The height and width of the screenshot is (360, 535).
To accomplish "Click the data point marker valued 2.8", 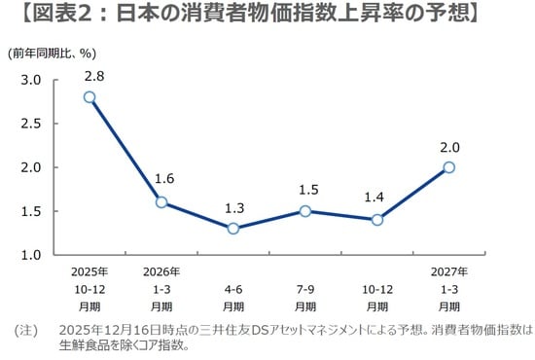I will [x=89, y=97].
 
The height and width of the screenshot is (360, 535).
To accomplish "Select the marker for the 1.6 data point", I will [x=161, y=202].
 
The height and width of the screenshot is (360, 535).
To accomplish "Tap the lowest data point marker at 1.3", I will [x=233, y=229].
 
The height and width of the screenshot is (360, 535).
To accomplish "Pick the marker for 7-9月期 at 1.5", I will [x=305, y=211].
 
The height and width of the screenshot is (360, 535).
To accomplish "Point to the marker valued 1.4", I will [x=377, y=220].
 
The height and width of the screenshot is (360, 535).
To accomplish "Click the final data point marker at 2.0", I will [x=448, y=167].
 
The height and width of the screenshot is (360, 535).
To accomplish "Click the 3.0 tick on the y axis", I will [x=31, y=80].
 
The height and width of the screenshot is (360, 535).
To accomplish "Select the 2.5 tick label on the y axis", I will [x=31, y=124].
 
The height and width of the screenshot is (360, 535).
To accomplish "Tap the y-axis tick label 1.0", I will [x=31, y=255].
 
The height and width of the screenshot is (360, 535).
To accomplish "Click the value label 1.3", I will [x=233, y=206].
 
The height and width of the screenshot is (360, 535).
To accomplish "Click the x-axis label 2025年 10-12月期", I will [x=89, y=289].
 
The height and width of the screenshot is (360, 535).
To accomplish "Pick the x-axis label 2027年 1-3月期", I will [x=448, y=289].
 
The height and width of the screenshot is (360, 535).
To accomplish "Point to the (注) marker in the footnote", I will [x=26, y=331].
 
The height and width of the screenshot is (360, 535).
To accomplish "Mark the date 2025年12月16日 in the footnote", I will [x=101, y=331].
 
